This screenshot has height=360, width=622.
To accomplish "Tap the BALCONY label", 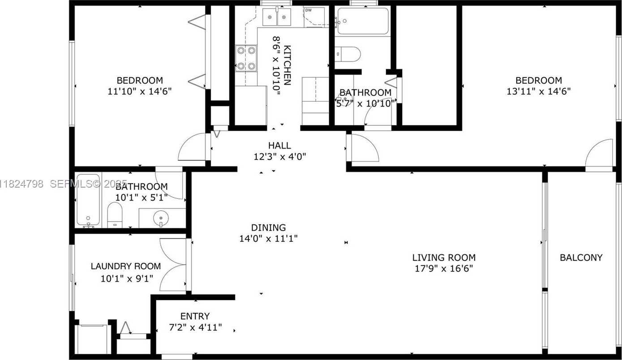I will (581, 257).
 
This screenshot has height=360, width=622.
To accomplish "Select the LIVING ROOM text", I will (443, 257).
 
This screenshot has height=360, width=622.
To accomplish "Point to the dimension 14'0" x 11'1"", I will (268, 239).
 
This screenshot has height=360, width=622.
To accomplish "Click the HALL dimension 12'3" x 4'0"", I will (279, 157).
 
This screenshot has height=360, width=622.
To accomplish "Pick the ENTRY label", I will (195, 316).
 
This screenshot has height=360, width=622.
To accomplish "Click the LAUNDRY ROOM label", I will (125, 266).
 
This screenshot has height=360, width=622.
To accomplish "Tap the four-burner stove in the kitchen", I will (246, 58).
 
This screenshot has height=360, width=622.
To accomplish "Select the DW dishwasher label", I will (308, 10).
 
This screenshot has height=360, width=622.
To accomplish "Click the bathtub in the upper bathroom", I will (363, 21).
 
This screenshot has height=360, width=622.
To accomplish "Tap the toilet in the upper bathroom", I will (348, 54).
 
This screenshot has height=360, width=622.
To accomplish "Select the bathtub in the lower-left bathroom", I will (88, 199).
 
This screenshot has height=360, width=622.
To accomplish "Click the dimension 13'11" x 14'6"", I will (538, 91).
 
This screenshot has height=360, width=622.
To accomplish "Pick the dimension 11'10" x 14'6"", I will (140, 91).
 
